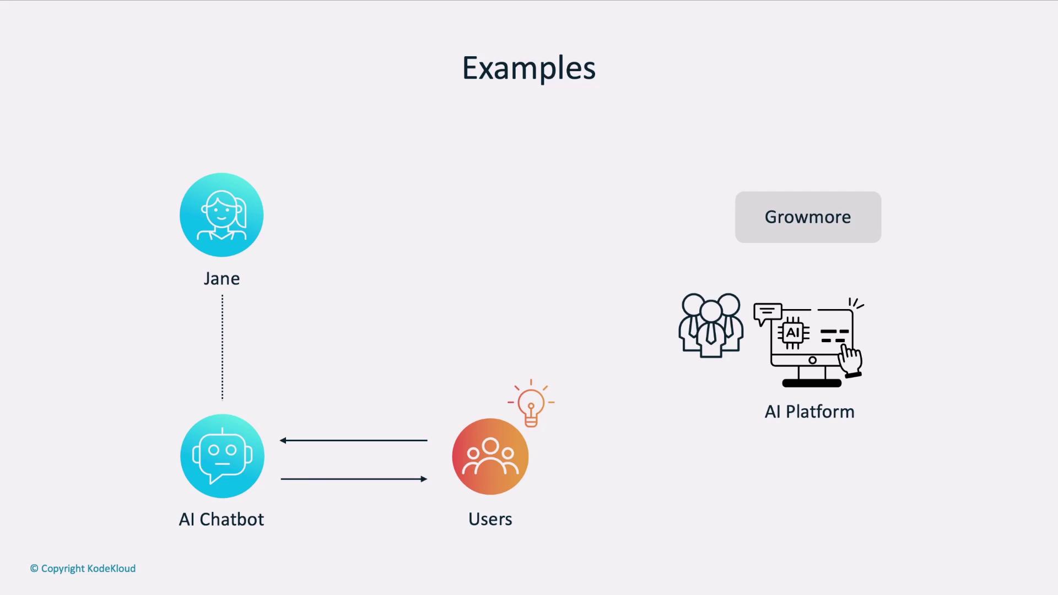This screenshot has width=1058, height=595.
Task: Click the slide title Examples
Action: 528,68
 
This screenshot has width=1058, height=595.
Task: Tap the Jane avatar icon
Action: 222,215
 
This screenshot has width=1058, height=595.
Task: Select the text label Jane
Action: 222,278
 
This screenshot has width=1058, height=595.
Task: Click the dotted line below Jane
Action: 222,347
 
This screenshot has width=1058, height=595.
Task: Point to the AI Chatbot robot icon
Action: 222,456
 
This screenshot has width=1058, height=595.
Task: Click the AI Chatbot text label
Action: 222,519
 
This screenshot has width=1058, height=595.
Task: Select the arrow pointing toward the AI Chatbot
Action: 353,440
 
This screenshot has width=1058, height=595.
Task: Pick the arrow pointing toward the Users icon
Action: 354,479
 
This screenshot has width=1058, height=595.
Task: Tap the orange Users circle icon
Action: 490,456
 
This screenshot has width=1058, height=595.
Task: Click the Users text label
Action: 490,519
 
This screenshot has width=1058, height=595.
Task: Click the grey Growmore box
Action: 808,217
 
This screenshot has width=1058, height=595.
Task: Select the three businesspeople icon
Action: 711,326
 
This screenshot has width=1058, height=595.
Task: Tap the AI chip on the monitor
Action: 793,333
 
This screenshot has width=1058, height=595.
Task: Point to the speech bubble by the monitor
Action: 768,313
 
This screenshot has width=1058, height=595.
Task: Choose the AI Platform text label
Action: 809,412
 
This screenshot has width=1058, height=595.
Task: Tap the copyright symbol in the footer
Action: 34,569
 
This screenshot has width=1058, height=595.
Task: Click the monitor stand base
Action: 812,383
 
